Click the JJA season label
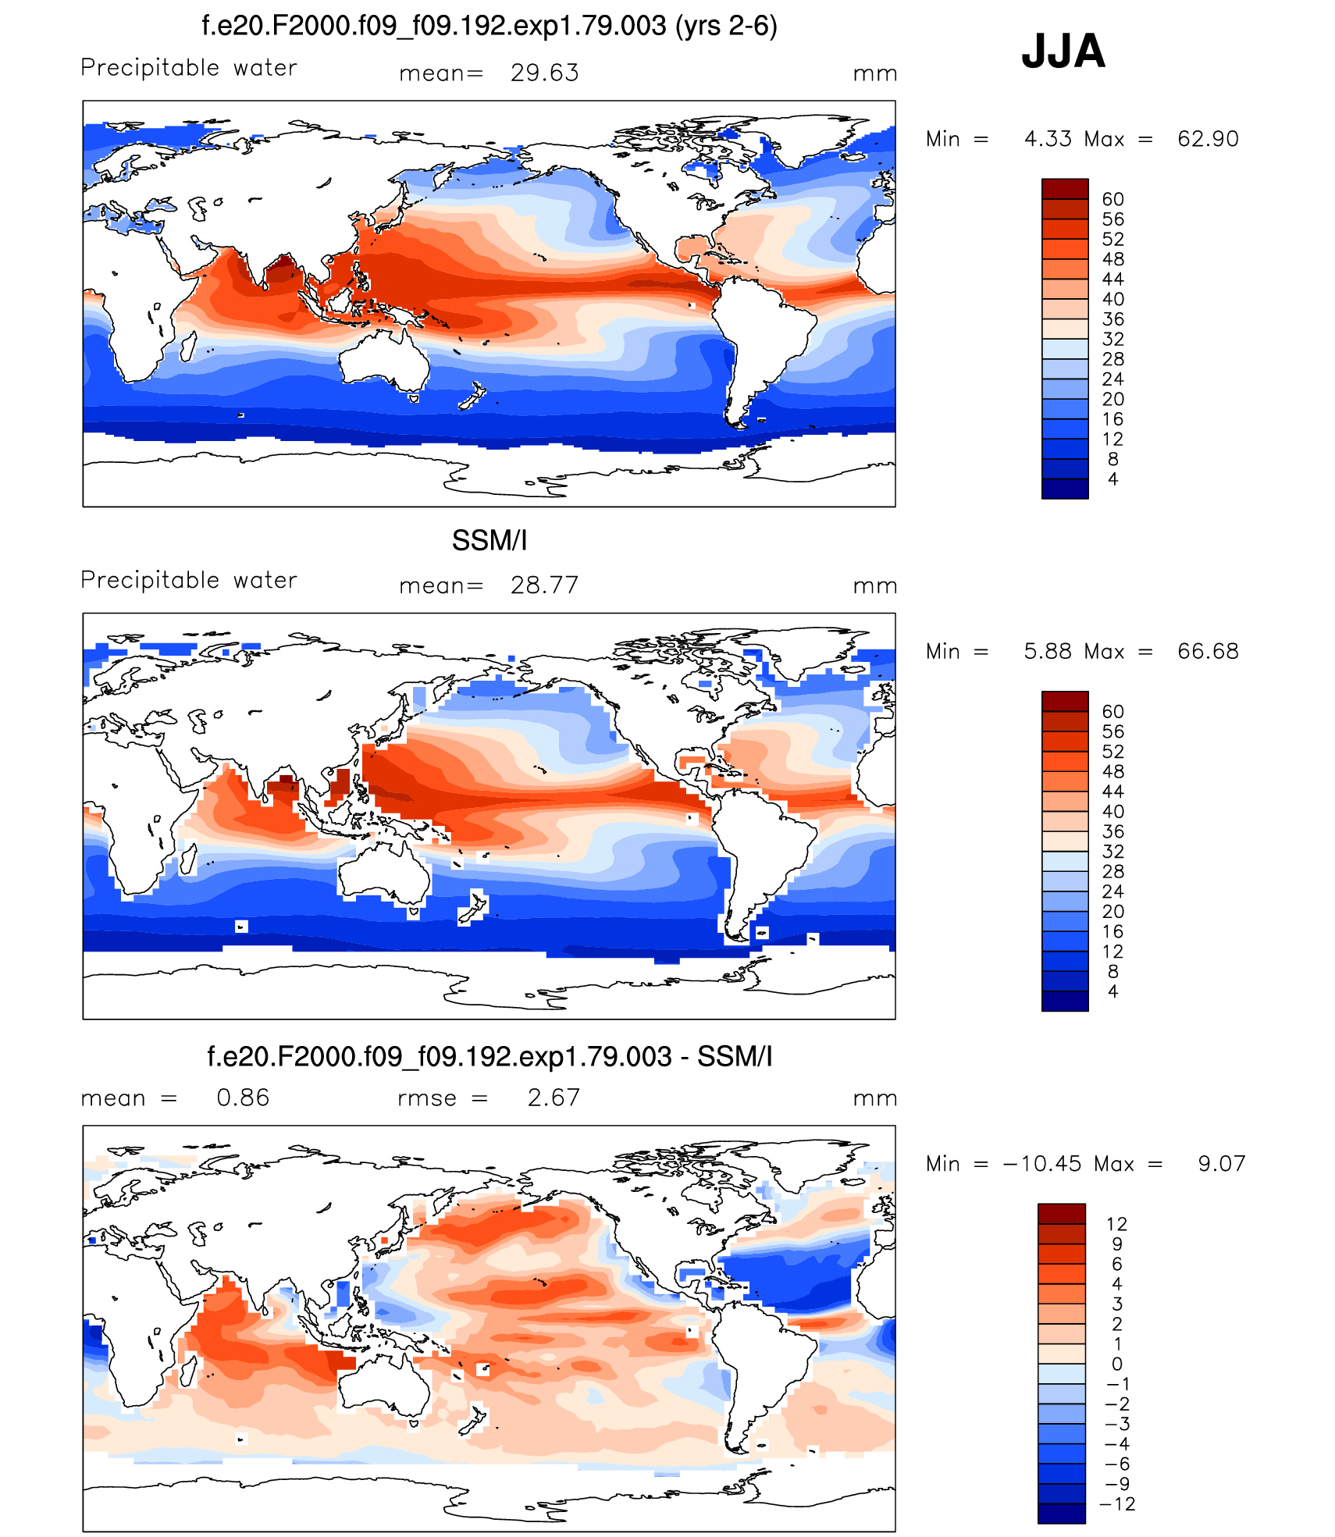coord(1063,52)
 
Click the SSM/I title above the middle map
coord(489,540)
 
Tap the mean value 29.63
coord(544,73)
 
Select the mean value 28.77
coord(544,585)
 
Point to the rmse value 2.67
coord(554,1098)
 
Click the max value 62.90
coord(1207,139)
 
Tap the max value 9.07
coord(1221,1164)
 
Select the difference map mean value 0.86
coord(243,1098)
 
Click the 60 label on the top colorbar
coord(1112,199)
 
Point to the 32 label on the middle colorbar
coord(1112,852)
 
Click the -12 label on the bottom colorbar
coord(1117,1504)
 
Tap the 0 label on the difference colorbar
coord(1117,1364)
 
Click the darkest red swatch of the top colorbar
coord(1064,188)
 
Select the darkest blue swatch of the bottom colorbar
coord(1061,1514)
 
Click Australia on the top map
coord(383,359)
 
